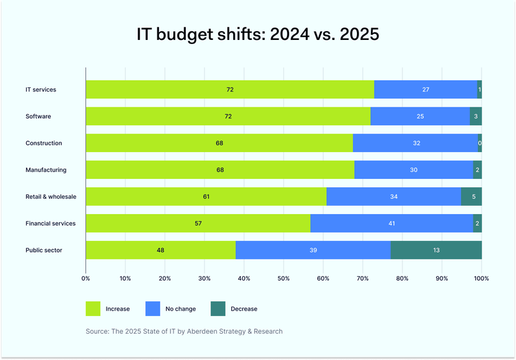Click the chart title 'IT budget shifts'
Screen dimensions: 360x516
(x=257, y=35)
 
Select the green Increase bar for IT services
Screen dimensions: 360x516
(x=230, y=89)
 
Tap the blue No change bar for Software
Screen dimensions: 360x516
(x=420, y=116)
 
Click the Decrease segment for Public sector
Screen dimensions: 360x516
(x=436, y=250)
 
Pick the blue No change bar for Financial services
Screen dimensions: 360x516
(x=391, y=223)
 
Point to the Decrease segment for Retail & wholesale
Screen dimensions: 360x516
(x=471, y=197)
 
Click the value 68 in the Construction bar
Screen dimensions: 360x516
(x=219, y=143)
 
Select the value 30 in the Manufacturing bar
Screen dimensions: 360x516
(x=413, y=170)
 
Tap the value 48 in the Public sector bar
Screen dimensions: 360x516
(x=160, y=250)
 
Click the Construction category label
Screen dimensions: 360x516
(x=44, y=143)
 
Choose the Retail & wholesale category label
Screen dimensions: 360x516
(x=51, y=197)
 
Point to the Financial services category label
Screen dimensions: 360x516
(x=50, y=223)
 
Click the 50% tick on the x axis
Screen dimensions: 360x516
(x=283, y=279)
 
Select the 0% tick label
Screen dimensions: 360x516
(x=85, y=279)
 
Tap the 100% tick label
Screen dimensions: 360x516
(x=481, y=279)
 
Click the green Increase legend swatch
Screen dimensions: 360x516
(x=93, y=309)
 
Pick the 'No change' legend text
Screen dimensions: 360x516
(x=180, y=309)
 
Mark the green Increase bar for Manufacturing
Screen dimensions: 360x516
(x=220, y=170)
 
